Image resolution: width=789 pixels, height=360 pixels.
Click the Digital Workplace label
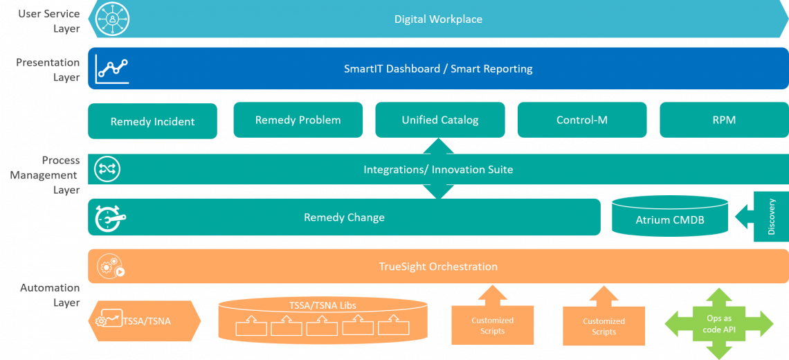point(438,19)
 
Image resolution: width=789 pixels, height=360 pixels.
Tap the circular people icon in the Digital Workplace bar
point(112,19)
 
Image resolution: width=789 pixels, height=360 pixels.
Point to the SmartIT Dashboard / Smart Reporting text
point(438,69)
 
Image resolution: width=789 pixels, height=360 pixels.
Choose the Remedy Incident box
point(152,121)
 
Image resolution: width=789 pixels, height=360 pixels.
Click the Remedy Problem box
point(298,120)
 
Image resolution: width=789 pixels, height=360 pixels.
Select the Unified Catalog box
point(439,120)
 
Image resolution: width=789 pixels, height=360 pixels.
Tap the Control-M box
point(581,120)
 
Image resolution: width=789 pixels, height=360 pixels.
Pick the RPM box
point(724,120)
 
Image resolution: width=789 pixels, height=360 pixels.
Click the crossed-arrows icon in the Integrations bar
point(109,169)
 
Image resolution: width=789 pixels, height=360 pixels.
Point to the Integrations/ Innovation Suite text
point(438,170)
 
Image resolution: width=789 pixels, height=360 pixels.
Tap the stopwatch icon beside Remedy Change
point(110,217)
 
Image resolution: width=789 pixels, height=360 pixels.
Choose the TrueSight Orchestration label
point(438,267)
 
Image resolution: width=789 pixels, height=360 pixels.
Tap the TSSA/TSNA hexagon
point(144,321)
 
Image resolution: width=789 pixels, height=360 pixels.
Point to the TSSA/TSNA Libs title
point(323,305)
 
